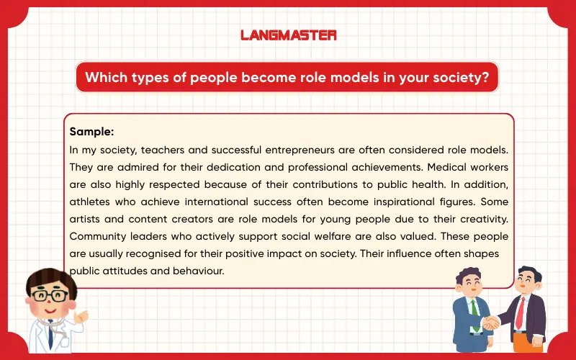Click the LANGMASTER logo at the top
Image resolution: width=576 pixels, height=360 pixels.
288,35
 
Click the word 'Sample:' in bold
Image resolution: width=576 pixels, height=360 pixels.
92,132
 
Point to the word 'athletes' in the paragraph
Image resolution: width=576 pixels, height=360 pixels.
90,202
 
